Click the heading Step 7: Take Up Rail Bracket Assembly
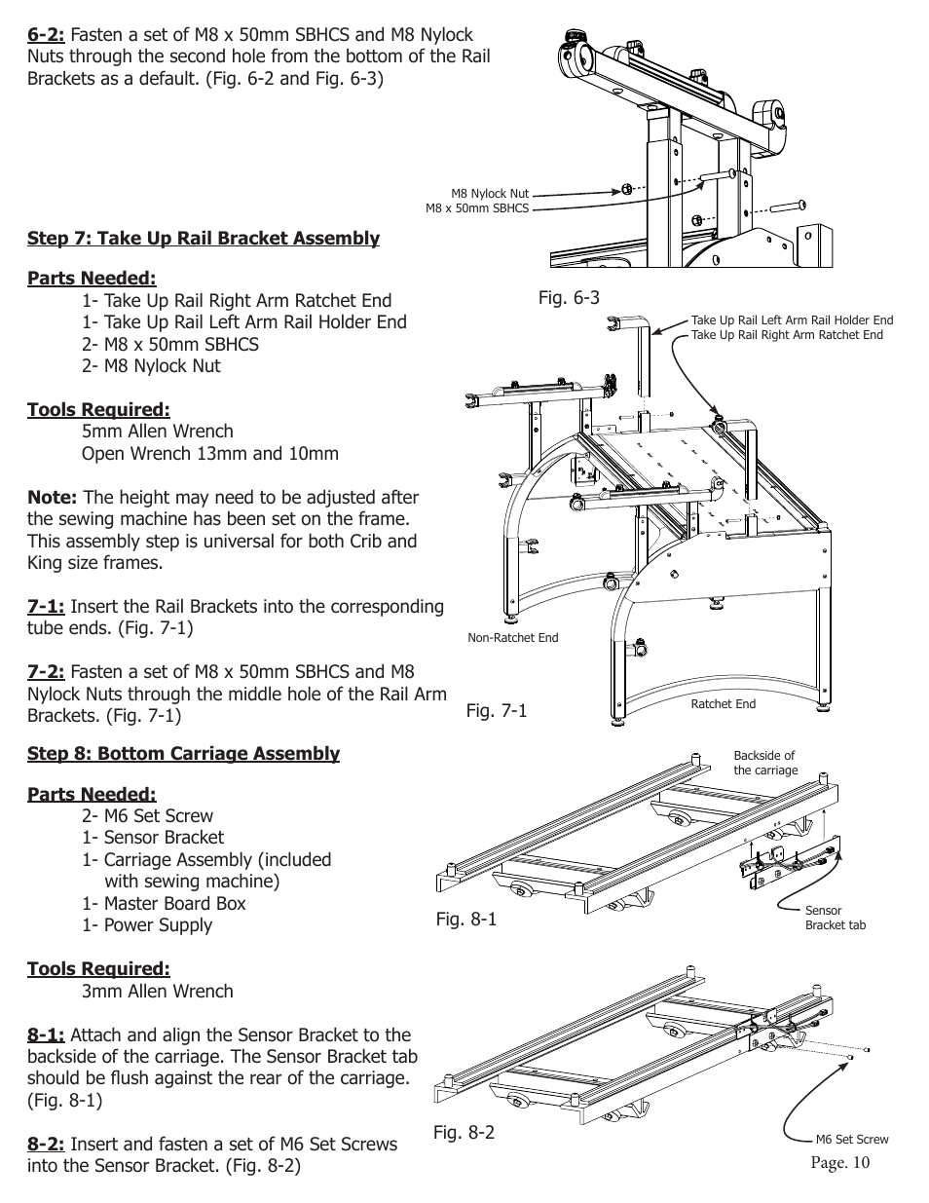(x=203, y=239)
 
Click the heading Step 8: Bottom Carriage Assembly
(x=183, y=754)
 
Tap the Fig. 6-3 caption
(x=569, y=298)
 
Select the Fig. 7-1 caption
(x=496, y=711)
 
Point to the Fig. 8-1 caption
(x=465, y=919)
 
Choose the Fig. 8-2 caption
(x=464, y=1133)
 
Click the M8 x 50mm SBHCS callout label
(x=476, y=207)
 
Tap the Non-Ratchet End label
(x=513, y=638)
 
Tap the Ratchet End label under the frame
(x=723, y=704)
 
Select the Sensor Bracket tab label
(x=834, y=918)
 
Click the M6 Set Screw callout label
(x=851, y=1139)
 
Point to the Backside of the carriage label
(x=764, y=763)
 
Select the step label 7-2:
(x=46, y=672)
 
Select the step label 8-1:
(x=46, y=1035)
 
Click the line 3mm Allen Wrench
(x=157, y=992)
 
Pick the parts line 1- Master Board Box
(x=164, y=904)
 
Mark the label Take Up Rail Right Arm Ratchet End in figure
(x=786, y=335)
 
